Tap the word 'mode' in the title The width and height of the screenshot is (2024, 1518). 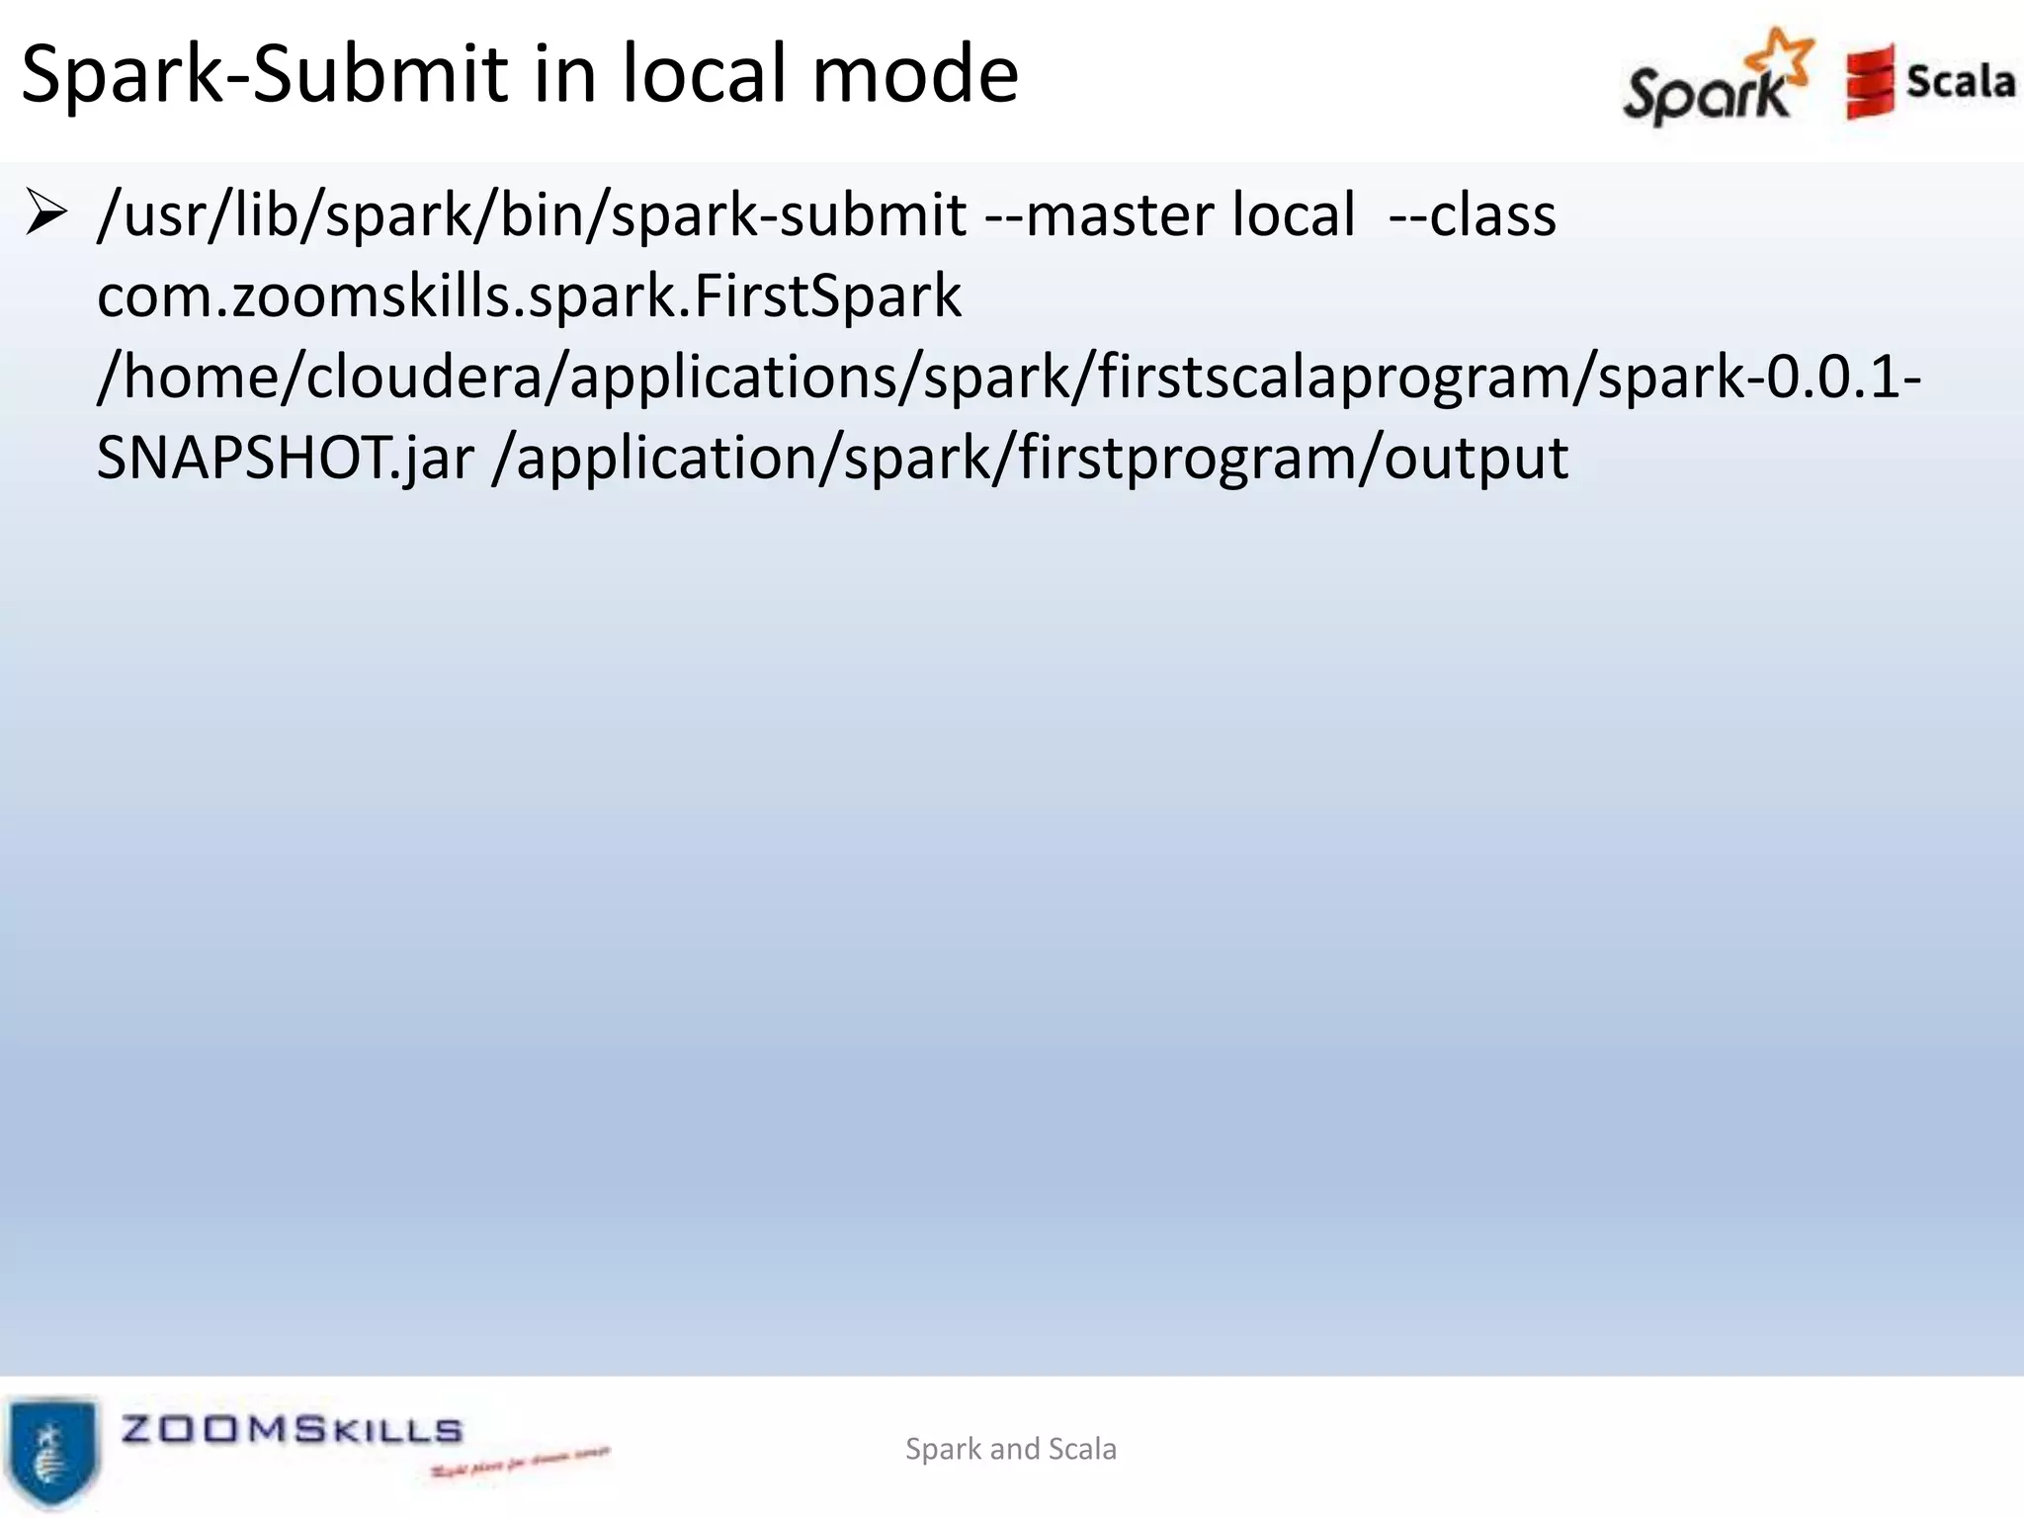coord(915,75)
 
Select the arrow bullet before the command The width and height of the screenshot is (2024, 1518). coord(45,213)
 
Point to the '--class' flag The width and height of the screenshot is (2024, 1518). coord(1472,215)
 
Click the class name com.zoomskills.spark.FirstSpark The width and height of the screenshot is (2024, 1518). coord(529,296)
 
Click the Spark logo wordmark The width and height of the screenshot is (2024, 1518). coord(1705,95)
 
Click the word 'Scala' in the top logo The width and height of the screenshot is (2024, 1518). coord(1960,82)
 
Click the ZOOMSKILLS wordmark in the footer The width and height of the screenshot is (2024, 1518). coord(292,1429)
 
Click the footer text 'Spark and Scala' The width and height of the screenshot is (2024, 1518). coord(1011,1449)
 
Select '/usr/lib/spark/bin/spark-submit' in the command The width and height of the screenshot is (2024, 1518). coord(532,215)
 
